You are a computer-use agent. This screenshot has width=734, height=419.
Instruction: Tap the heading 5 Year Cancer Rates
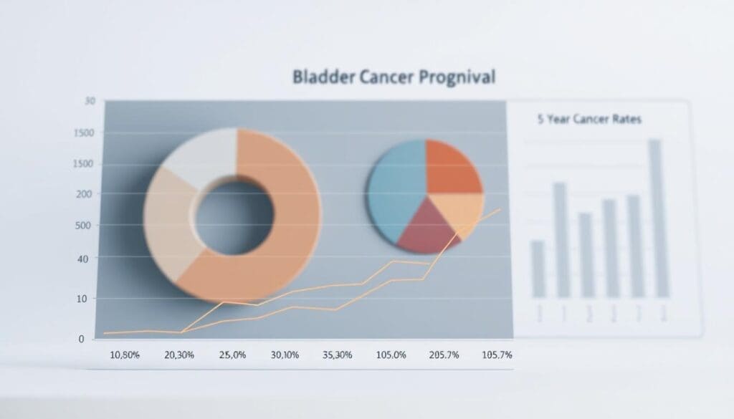(589, 120)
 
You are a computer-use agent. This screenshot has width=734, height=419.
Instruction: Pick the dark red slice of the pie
(428, 228)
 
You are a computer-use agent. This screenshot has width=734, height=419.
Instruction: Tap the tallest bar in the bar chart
(655, 218)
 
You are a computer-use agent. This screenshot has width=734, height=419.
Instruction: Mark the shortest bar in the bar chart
(538, 269)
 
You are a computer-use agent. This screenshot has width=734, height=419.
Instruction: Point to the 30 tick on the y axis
(89, 102)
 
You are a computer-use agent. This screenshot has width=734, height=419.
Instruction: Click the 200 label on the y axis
(84, 194)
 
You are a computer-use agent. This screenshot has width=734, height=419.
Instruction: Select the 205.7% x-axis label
(443, 355)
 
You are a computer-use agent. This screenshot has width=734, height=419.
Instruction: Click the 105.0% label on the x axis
(391, 355)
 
